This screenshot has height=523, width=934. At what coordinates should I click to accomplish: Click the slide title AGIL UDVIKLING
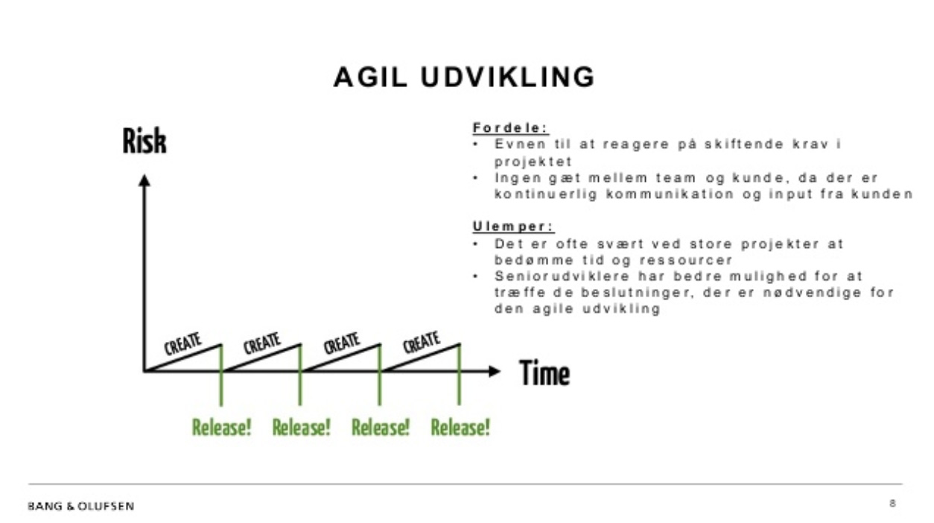coord(464,77)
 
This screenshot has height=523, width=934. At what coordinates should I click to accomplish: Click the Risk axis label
coord(144,141)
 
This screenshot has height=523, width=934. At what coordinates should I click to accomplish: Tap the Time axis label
coord(544,373)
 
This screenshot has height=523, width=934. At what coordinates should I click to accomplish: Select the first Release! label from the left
coord(221,427)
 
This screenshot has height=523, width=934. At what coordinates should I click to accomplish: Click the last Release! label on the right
coord(460,427)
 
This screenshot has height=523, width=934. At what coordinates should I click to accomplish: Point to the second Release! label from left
coord(301,427)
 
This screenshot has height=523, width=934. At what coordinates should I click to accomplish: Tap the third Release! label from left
coord(381,427)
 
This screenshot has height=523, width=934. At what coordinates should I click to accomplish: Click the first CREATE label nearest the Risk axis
coord(183,343)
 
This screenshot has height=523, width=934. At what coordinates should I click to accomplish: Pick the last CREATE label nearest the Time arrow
coord(421,343)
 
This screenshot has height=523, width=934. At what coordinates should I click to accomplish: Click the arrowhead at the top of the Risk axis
coord(144,180)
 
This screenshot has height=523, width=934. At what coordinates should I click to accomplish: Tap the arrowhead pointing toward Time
coord(494,371)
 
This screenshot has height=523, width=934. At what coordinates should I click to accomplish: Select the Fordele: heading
coord(510,128)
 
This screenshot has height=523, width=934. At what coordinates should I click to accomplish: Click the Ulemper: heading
coord(513,227)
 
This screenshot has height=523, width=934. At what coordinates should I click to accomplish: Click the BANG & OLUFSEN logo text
coord(81,507)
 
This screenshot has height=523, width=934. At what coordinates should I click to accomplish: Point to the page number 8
coord(892,504)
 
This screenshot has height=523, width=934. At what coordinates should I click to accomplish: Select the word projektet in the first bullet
coord(533,162)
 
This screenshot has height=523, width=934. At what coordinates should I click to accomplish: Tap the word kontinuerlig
coord(546,194)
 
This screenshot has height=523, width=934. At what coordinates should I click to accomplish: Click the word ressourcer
coord(686,260)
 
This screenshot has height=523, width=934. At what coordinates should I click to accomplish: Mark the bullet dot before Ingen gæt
coord(476,178)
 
